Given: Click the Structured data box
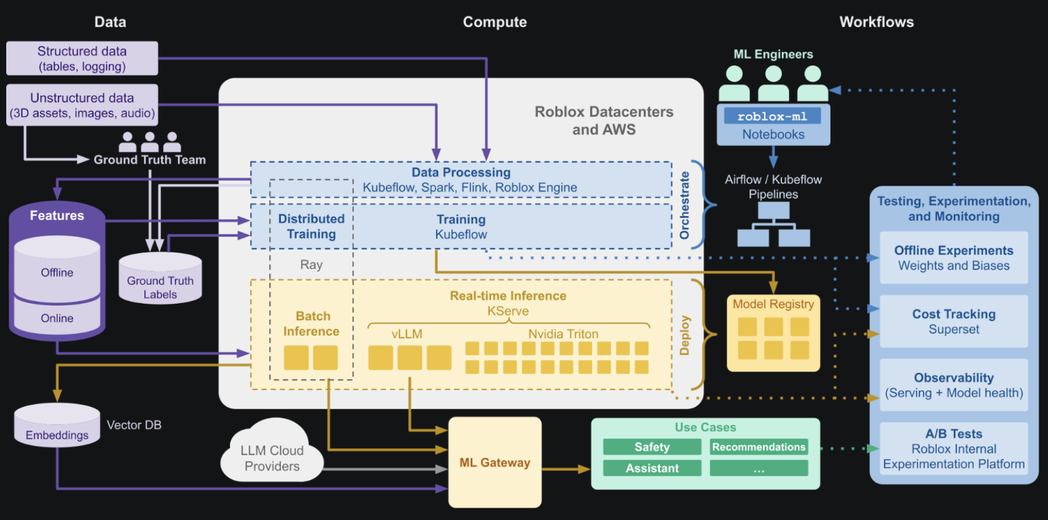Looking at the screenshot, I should click(x=82, y=59).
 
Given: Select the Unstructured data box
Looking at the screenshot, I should click(x=82, y=105).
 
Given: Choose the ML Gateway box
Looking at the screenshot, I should click(x=495, y=463).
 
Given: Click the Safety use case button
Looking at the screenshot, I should click(x=652, y=447).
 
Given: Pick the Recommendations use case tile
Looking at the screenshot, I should click(x=758, y=447).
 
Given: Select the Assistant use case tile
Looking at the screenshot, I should click(x=652, y=468).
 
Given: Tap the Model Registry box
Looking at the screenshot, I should click(x=773, y=334).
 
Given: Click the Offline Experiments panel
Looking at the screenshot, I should click(x=953, y=258).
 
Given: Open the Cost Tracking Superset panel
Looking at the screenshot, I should click(x=953, y=321).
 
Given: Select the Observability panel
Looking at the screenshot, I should click(x=953, y=385).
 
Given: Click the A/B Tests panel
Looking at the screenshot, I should click(x=953, y=448).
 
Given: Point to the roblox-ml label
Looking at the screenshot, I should click(x=772, y=117).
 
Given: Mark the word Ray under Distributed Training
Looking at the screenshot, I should click(x=311, y=265).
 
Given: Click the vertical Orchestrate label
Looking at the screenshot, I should click(x=685, y=205).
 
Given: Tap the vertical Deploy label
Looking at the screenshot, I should click(x=685, y=335).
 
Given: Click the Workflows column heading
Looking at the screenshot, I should click(x=876, y=22).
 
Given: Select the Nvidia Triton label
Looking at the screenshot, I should click(x=563, y=334).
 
